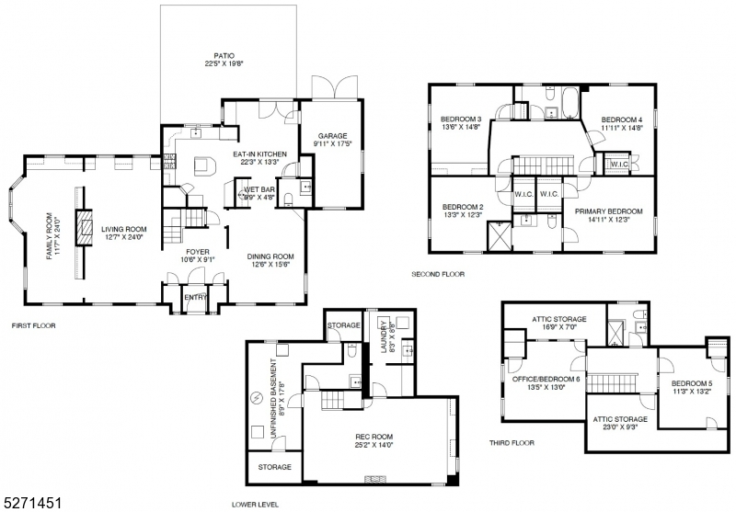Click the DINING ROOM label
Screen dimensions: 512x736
click(x=270, y=260)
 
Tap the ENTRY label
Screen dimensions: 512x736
click(x=196, y=297)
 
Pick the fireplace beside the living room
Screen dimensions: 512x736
click(x=85, y=226)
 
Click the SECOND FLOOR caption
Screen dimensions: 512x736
click(x=439, y=274)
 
